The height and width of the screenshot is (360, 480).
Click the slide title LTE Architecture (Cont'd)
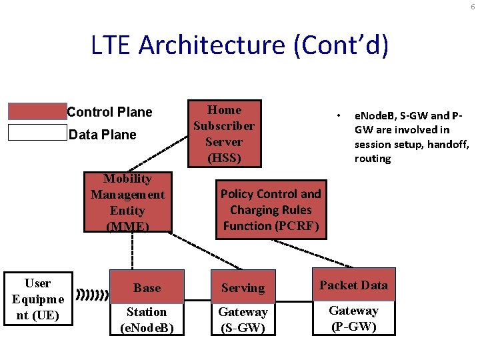click(239, 45)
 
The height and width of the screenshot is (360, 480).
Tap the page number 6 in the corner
click(472, 6)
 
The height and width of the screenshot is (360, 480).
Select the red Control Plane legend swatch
click(37, 111)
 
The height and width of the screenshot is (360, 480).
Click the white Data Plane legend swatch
click(37, 133)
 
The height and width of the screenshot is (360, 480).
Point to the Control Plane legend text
click(109, 112)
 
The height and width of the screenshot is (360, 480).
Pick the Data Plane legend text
click(103, 135)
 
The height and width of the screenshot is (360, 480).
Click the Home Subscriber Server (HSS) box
click(224, 133)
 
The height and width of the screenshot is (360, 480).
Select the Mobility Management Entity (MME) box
click(127, 202)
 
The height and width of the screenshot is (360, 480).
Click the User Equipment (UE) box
click(38, 299)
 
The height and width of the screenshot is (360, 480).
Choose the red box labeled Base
click(147, 287)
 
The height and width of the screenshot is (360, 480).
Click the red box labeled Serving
click(243, 287)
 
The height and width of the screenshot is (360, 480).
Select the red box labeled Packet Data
click(353, 285)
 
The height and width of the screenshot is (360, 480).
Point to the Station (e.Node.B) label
click(147, 319)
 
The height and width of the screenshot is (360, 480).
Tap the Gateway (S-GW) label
click(243, 319)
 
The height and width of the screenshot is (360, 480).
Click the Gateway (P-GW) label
click(353, 318)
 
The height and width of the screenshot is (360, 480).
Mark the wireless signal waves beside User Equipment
click(93, 294)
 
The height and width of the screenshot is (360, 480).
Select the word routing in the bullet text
click(373, 159)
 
